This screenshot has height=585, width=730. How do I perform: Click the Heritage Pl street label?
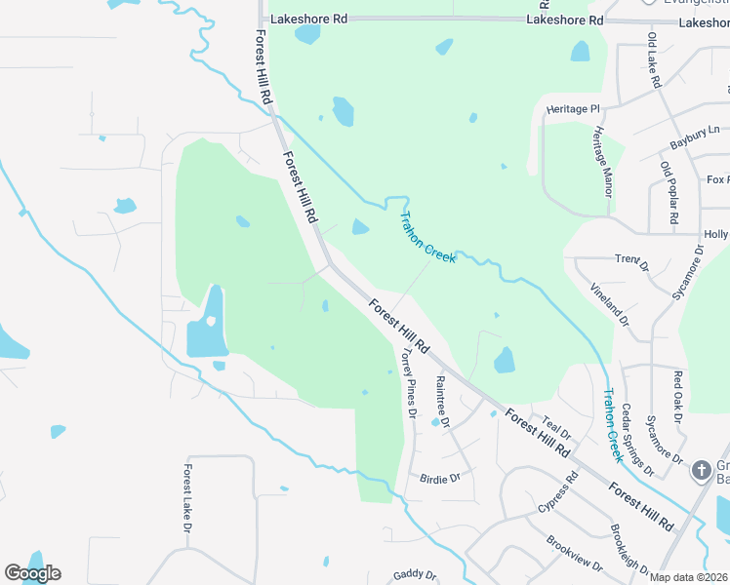(x=573, y=109)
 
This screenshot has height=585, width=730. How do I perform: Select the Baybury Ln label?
(x=694, y=136)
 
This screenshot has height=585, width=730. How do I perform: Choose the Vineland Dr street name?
(x=610, y=303)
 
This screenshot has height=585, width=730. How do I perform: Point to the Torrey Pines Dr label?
(x=405, y=385)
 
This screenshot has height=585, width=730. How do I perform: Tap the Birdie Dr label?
(x=439, y=479)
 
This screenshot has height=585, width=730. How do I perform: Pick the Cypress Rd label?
(x=558, y=495)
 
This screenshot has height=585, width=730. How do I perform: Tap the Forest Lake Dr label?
(x=186, y=498)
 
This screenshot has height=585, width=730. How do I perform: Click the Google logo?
(x=33, y=573)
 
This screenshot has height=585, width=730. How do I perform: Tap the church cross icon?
(x=700, y=471)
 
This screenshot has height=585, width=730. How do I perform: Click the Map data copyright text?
(x=689, y=577)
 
